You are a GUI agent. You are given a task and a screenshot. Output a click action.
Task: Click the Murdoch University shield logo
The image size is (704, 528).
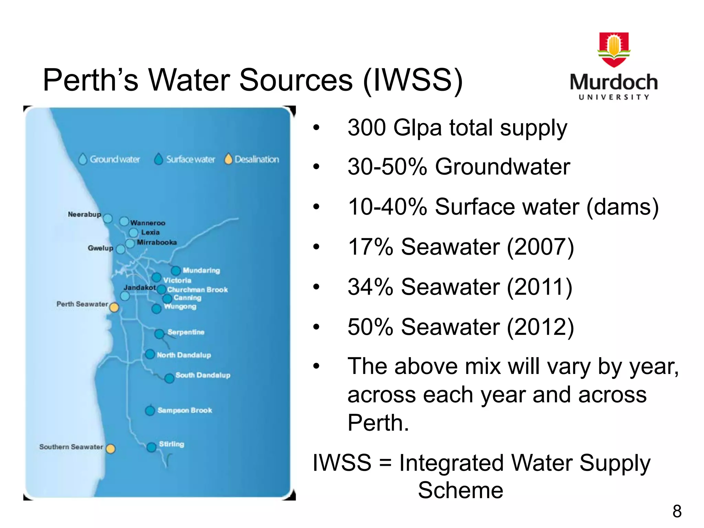[614, 49]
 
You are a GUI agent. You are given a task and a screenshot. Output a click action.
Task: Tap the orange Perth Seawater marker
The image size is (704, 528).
[114, 307]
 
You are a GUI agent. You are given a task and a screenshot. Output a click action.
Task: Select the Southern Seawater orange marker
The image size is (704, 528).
[110, 449]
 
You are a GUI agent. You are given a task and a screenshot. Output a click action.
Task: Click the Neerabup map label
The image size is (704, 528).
[84, 214]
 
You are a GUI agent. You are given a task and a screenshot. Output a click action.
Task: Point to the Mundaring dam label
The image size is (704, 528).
[201, 271]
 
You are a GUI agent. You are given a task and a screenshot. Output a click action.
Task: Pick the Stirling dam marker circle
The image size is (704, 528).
[151, 447]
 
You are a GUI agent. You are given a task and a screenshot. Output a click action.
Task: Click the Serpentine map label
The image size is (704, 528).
[186, 332]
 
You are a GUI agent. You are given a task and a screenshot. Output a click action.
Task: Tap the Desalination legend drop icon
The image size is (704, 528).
[228, 159]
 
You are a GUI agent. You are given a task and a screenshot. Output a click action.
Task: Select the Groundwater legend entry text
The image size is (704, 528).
[115, 159]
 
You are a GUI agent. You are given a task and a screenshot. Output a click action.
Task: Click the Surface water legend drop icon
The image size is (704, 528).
[158, 159]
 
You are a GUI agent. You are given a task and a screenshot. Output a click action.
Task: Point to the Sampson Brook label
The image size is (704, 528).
[185, 410]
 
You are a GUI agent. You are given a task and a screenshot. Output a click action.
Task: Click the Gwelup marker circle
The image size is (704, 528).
[121, 249]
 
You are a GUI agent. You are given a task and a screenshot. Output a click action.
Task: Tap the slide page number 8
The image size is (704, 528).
[677, 511]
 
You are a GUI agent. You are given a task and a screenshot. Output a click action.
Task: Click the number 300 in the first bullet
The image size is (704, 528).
[367, 128]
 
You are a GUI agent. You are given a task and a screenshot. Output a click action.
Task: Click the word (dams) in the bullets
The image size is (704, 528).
[622, 207]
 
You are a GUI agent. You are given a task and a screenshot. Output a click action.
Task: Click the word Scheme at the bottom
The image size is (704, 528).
[460, 490]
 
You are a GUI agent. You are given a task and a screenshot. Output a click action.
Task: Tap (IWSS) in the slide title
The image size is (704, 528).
[413, 80]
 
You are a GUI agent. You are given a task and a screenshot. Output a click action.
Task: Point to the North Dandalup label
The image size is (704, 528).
[184, 355]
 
